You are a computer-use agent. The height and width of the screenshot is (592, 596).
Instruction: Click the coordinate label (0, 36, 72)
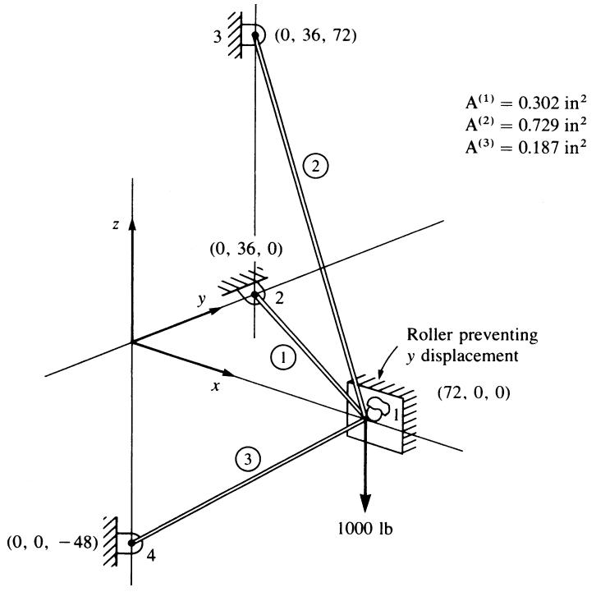pos(315,36)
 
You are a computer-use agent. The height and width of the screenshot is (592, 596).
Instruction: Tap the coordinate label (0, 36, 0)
pos(246,250)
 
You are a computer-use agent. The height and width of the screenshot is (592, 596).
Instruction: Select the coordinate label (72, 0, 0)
pos(474,392)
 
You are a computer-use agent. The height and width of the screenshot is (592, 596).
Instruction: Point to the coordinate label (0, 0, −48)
pos(53,542)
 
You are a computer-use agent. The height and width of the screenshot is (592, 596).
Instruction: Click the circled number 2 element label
pos(315,166)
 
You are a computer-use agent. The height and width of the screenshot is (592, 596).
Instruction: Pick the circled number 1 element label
pos(283,357)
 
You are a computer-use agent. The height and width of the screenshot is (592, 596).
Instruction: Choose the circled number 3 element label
pos(248,459)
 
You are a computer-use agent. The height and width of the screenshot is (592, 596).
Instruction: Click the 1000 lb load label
pos(364,528)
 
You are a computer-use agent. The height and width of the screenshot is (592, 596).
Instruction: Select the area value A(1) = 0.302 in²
pos(526,103)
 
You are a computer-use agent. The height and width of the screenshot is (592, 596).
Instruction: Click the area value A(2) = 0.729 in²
pos(526,125)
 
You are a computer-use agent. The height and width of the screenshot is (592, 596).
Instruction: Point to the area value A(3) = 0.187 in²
pos(526,147)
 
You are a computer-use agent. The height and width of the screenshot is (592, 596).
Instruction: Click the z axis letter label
pos(116,225)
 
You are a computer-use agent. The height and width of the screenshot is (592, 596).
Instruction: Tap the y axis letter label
pos(201,300)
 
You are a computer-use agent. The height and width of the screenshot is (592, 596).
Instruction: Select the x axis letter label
pos(216,387)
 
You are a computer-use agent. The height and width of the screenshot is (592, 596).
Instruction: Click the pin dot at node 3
pos(255,35)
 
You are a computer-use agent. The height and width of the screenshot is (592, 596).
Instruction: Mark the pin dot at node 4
pos(131,543)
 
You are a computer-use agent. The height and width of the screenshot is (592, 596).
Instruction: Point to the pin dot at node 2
pos(254,295)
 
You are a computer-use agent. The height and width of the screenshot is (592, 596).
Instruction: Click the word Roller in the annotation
pos(429,335)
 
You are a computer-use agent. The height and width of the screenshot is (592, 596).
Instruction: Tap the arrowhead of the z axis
pos(132,225)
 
